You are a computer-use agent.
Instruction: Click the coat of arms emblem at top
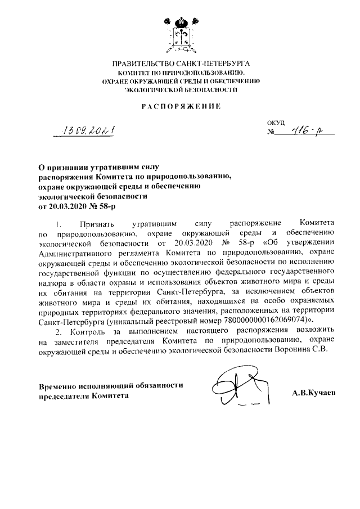(x=180, y=32)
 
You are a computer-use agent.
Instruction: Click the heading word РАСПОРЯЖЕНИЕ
(x=181, y=106)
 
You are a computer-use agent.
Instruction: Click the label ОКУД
(x=276, y=122)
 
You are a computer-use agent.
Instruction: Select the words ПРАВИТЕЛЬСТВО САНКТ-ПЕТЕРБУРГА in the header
(x=181, y=65)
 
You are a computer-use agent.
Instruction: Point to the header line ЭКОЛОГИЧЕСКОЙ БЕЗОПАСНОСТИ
(x=181, y=89)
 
